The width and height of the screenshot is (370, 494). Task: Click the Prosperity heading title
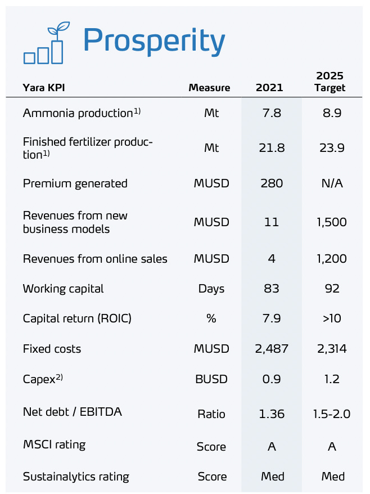[154, 41]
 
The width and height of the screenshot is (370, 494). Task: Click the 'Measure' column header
[209, 88]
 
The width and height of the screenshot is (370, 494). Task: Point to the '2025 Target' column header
[330, 82]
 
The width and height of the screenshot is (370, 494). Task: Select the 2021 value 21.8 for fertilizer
[272, 148]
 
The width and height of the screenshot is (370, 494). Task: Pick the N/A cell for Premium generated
[332, 183]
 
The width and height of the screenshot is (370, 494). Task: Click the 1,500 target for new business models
[331, 222]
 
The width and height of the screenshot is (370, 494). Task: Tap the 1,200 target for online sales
[331, 259]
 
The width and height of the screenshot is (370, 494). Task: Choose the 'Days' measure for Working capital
[211, 289]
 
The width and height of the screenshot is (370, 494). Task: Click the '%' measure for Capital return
[211, 318]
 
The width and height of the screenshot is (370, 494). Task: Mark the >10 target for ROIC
[332, 318]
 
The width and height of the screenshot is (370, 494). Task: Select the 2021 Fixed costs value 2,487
[272, 349]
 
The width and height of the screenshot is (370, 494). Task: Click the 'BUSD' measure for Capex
[211, 379]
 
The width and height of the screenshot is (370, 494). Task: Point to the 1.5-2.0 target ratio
[332, 414]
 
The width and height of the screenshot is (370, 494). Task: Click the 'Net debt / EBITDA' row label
[72, 412]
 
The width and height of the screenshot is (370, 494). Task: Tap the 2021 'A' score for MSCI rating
[272, 447]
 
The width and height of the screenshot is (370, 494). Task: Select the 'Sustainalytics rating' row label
[76, 477]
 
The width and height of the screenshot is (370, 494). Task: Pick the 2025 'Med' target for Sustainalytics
[332, 477]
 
